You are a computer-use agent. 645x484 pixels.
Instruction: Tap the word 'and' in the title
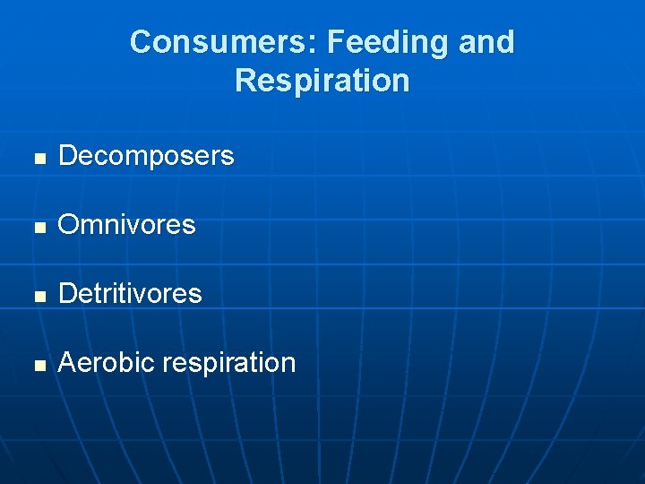[487, 42]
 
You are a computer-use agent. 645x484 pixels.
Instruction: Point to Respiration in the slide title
[322, 81]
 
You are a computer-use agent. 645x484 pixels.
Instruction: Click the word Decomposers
[146, 156]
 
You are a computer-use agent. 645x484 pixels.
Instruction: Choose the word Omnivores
[126, 225]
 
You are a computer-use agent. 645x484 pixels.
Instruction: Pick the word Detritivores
[130, 293]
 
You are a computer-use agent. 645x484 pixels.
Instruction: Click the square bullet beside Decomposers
[38, 158]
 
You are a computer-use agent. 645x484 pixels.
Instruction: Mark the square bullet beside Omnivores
[38, 227]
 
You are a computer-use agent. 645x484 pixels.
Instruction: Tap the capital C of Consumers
[142, 42]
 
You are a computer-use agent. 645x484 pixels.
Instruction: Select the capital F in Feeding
[335, 42]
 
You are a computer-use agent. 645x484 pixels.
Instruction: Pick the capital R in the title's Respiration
[246, 81]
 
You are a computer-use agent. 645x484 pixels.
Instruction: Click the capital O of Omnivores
[69, 225]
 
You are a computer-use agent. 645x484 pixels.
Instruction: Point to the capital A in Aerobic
[67, 362]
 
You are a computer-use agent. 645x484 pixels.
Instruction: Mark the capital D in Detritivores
[68, 293]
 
